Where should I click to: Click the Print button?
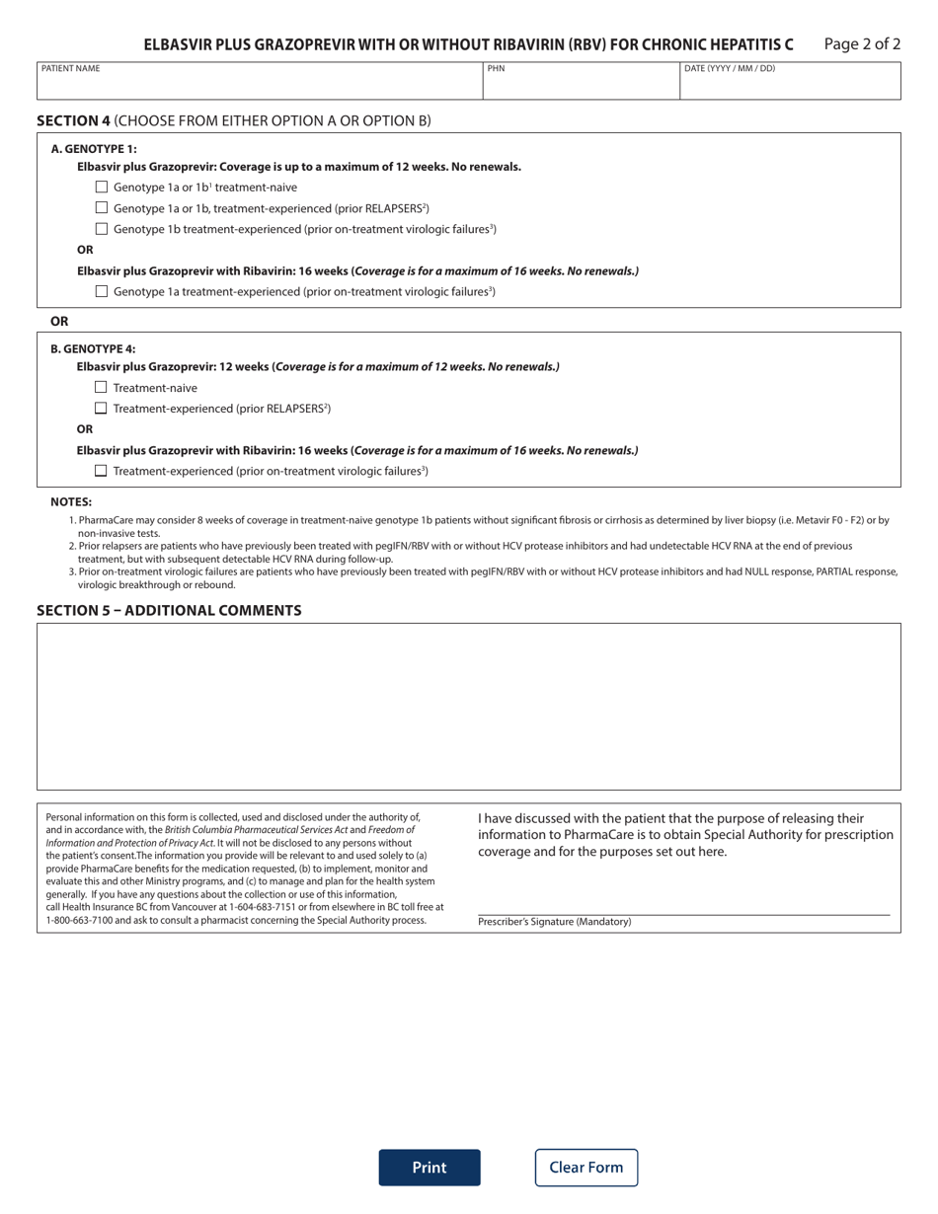(429, 1167)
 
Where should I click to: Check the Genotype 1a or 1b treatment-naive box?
(102, 187)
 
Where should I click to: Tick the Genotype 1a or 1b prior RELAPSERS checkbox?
(102, 207)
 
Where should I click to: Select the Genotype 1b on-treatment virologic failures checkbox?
(102, 228)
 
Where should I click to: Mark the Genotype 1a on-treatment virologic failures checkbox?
(102, 291)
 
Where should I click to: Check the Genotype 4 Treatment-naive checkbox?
(101, 387)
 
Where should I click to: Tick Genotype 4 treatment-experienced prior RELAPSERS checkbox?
(101, 408)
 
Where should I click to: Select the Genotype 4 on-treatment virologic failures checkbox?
(101, 471)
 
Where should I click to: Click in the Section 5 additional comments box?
(468, 706)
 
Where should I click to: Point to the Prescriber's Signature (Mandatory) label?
(554, 922)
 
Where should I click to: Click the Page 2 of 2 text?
(861, 43)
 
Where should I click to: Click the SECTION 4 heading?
(74, 120)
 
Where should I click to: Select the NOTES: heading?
(71, 501)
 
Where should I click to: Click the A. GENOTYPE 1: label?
(94, 149)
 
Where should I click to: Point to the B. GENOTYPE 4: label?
(93, 348)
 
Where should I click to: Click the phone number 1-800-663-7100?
(81, 920)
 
